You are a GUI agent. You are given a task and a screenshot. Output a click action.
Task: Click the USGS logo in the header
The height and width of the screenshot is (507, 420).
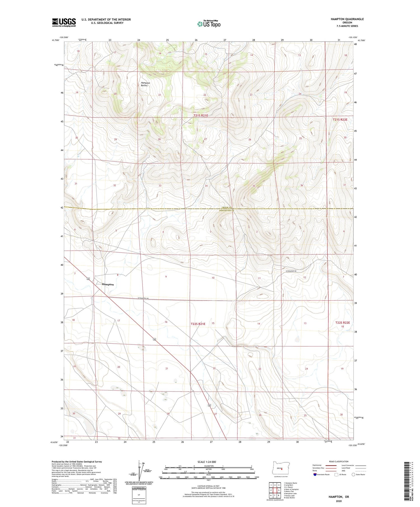pyautogui.click(x=64, y=22)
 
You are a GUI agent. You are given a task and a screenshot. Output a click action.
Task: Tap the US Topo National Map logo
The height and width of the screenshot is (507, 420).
pyautogui.click(x=209, y=24)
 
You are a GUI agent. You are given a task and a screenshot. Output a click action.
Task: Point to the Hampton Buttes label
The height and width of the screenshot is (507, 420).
pyautogui.click(x=145, y=84)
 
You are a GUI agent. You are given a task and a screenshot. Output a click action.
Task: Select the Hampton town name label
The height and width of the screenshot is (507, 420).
pyautogui.click(x=108, y=284)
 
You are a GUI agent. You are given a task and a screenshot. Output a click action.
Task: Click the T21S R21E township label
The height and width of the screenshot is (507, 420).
pyautogui.click(x=201, y=115)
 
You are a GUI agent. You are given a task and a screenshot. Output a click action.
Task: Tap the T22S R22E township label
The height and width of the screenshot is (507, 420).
pyautogui.click(x=343, y=322)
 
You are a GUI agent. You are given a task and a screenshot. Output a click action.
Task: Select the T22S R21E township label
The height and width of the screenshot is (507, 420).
pyautogui.click(x=198, y=324)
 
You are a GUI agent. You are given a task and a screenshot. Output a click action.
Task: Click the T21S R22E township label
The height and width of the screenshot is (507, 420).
pyautogui.click(x=340, y=119)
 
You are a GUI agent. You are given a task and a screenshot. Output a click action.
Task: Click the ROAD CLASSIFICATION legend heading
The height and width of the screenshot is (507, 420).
pyautogui.click(x=339, y=461)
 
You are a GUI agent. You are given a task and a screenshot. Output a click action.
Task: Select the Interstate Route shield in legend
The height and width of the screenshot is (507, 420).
pyautogui.click(x=315, y=474)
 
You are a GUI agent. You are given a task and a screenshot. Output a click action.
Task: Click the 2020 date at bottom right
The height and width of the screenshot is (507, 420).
pyautogui.click(x=339, y=501)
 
